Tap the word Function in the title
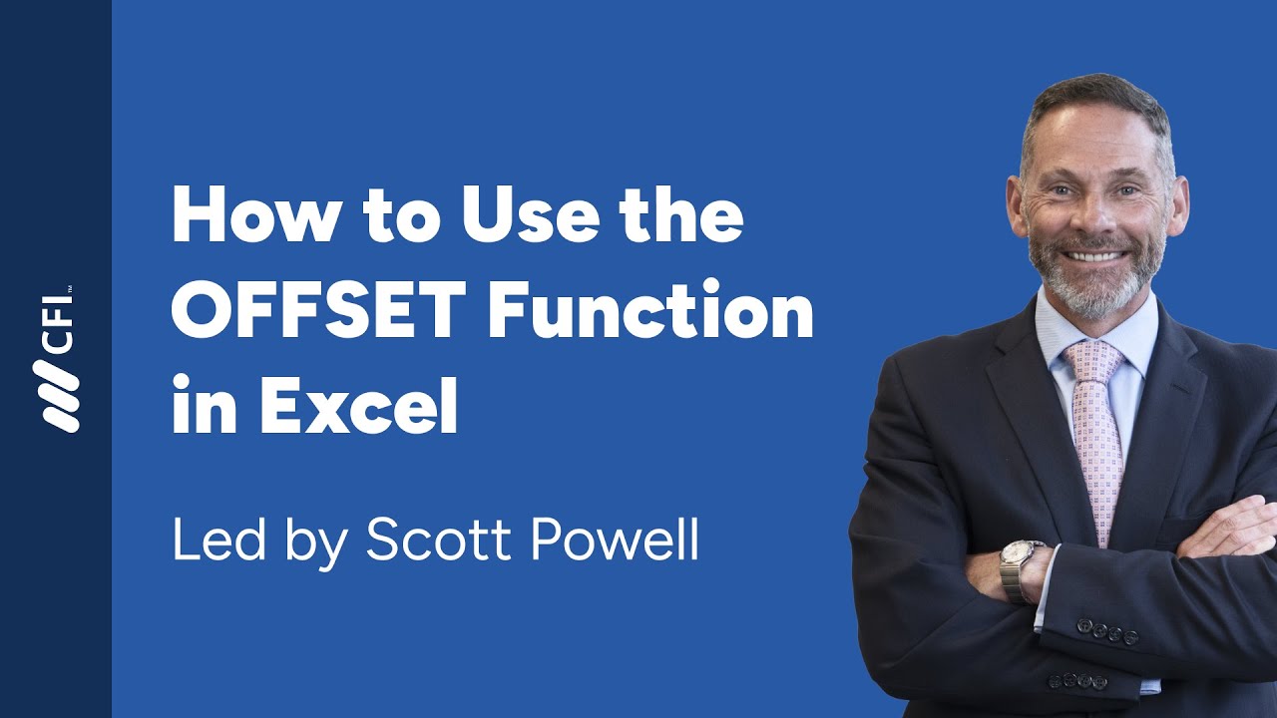click(x=649, y=312)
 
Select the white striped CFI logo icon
click(x=56, y=395)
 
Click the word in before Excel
click(x=198, y=406)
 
